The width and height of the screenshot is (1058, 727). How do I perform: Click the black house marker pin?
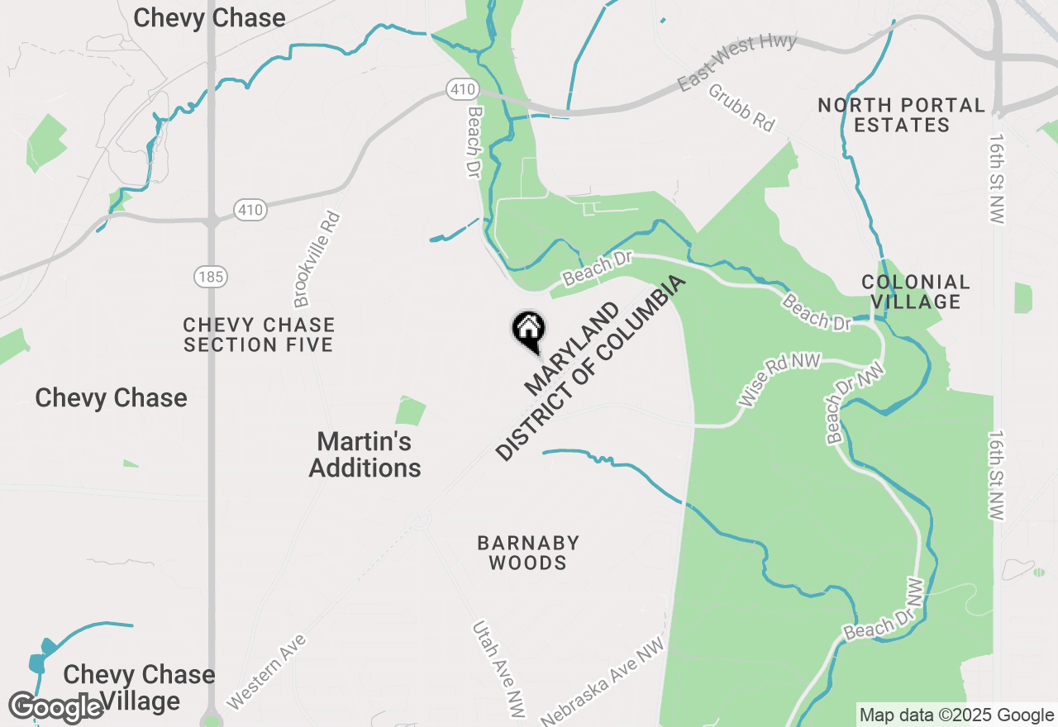pyautogui.click(x=529, y=330)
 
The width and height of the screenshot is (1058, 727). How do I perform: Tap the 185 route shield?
pyautogui.click(x=211, y=277)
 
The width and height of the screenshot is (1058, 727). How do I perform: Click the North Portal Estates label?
pyautogui.click(x=902, y=116)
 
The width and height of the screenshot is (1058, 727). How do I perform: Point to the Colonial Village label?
pyautogui.click(x=916, y=292)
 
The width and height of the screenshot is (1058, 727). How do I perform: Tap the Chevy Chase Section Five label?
pyautogui.click(x=259, y=335)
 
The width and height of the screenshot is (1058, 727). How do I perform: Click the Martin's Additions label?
pyautogui.click(x=365, y=454)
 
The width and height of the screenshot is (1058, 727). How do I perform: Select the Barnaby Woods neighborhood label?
pyautogui.click(x=528, y=553)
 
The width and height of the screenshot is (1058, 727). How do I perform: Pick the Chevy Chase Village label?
pyautogui.click(x=139, y=687)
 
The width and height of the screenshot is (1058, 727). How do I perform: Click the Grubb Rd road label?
pyautogui.click(x=741, y=107)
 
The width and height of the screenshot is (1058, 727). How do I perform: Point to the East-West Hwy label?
pyautogui.click(x=737, y=63)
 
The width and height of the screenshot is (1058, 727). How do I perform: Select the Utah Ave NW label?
pyautogui.click(x=498, y=669)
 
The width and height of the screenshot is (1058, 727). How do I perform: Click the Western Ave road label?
pyautogui.click(x=266, y=672)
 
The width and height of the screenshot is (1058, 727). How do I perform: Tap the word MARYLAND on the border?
pyautogui.click(x=572, y=349)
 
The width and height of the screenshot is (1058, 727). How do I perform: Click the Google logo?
pyautogui.click(x=56, y=708)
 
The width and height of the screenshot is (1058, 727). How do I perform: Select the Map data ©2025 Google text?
pyautogui.click(x=956, y=715)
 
